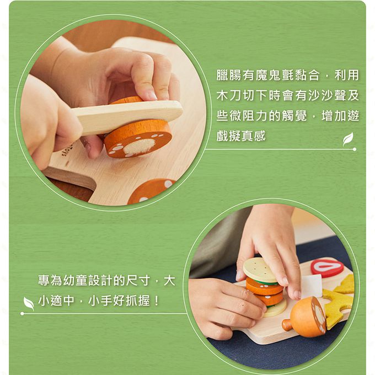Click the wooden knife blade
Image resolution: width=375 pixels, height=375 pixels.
point(132,113)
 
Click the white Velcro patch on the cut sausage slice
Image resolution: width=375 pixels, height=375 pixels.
point(138,146)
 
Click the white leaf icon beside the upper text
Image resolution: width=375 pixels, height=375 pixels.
point(348,139)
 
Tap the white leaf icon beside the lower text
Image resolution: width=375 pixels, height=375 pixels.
point(28,303)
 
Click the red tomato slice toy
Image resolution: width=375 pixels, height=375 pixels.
point(327,267)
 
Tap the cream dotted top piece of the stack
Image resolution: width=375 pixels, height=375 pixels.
point(260,270)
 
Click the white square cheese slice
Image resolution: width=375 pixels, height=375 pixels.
point(310,286)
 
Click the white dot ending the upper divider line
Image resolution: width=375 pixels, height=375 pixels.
point(354,149)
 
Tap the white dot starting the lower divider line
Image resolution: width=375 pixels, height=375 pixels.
point(22,314)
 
